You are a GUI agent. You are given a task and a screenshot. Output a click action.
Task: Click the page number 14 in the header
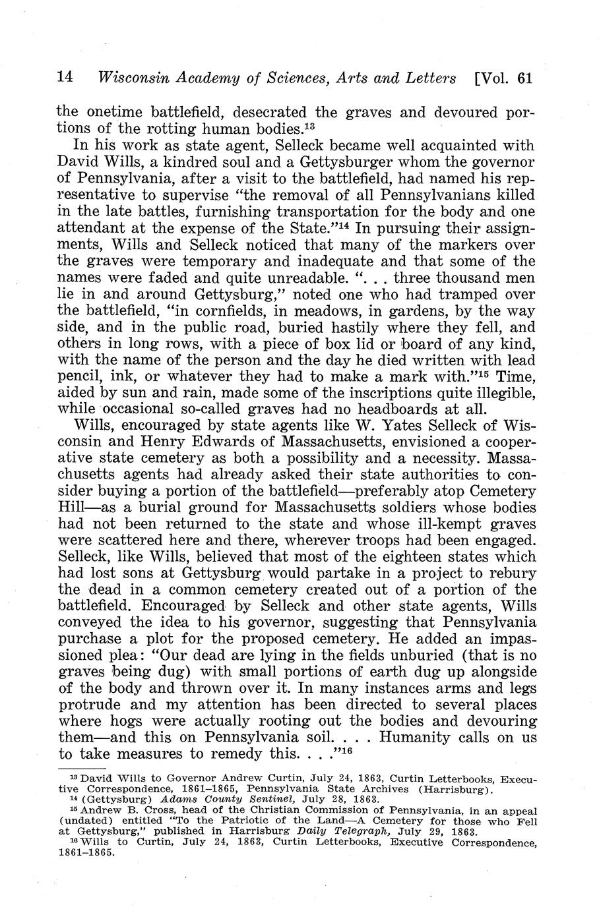[x=65, y=78]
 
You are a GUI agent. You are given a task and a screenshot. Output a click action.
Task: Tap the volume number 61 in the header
[x=525, y=78]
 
